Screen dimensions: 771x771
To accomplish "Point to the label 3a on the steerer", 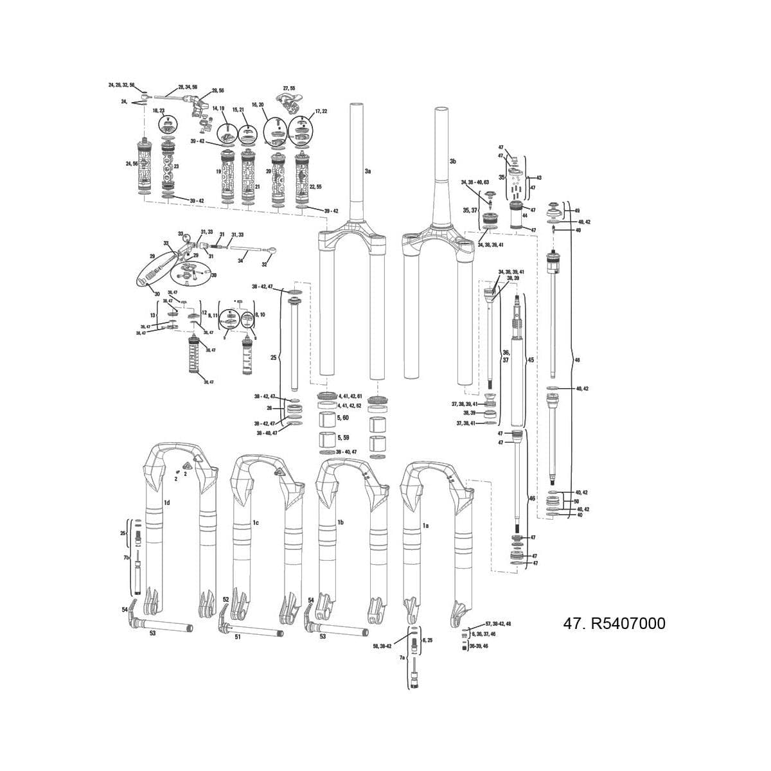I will pos(368,172).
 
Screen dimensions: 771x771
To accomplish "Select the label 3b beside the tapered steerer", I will pos(452,161).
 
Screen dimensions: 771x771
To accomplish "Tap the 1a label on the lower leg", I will pos(425,525).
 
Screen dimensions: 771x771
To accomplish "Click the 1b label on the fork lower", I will pos(341,522).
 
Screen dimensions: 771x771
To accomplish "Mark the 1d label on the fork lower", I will pos(166,503).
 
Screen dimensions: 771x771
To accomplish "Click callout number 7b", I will pos(127,557).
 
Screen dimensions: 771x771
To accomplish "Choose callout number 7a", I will pos(403,658).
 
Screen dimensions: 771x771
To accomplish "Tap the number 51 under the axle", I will pos(237,637).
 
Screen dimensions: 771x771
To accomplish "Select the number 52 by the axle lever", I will pos(226,599).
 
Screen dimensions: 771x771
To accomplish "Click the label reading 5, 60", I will pos(342,418).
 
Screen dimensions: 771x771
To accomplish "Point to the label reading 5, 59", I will pos(342,438).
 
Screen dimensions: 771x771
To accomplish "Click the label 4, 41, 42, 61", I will pos(350,396).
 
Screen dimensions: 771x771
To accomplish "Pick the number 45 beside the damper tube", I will pos(531,360).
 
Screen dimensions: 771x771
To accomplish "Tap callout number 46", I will pos(531,499).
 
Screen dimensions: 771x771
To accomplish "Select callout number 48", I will pos(576,360).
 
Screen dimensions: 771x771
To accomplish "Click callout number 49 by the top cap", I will pos(576,211).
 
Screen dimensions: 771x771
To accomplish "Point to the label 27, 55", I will pos(289,88).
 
